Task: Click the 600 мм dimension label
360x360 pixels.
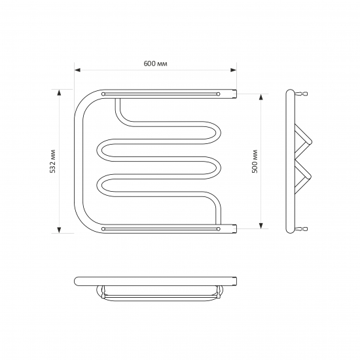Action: [x=155, y=63]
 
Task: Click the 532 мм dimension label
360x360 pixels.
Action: [x=53, y=161]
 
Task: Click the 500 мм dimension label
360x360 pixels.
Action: [x=255, y=161]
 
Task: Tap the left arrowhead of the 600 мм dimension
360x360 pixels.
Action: [x=77, y=70]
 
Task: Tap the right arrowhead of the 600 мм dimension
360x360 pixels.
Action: [x=234, y=70]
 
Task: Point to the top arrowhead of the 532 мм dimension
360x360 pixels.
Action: [x=59, y=92]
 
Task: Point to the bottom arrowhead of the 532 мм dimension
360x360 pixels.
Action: [x=59, y=230]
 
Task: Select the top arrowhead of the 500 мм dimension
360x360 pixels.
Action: [x=261, y=97]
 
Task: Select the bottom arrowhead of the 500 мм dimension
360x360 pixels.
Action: [x=261, y=226]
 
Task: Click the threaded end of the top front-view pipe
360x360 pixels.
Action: [x=234, y=94]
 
